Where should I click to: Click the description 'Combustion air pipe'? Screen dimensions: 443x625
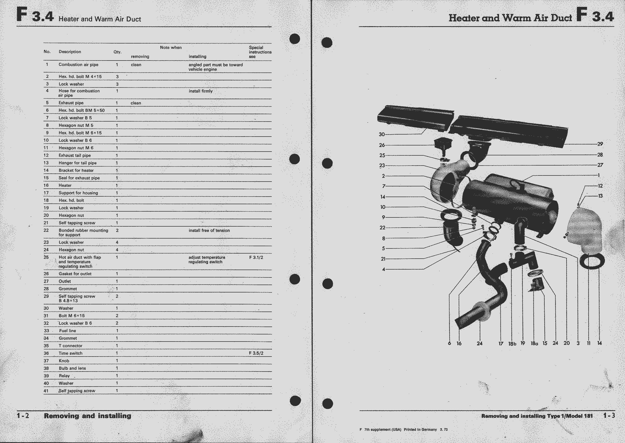[78, 65]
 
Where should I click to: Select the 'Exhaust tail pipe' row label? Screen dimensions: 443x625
[75, 155]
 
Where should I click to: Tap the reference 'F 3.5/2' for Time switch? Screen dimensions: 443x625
[256, 353]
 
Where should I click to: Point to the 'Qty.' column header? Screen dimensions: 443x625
[117, 52]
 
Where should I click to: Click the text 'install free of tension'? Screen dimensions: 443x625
[209, 230]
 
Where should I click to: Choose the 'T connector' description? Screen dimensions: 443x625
[70, 346]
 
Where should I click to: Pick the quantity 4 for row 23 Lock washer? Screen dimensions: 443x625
[117, 242]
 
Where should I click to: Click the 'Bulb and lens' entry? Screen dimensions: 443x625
[72, 368]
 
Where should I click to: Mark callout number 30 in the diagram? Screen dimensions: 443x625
[382, 134]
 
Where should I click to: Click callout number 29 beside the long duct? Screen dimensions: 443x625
[600, 144]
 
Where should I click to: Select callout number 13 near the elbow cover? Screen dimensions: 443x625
[600, 196]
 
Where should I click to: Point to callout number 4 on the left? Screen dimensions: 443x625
[383, 269]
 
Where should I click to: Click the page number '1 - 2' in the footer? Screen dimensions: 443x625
[23, 416]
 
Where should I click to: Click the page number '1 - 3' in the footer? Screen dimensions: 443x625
[609, 416]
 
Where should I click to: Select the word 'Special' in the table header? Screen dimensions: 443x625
[256, 48]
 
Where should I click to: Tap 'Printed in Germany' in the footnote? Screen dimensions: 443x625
[420, 429]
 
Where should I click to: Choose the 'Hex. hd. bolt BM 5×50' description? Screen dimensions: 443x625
[82, 110]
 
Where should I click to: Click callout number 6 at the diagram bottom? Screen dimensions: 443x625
[449, 343]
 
